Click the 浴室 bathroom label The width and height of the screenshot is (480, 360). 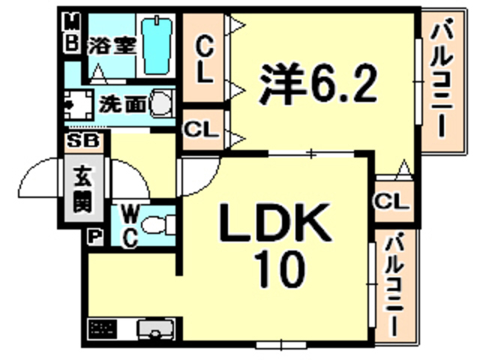[112, 43]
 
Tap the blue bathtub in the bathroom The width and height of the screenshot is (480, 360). [159, 45]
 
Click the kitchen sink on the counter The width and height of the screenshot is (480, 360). [154, 328]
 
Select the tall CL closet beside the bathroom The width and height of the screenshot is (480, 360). [205, 60]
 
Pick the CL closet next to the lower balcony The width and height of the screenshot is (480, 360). [391, 201]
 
